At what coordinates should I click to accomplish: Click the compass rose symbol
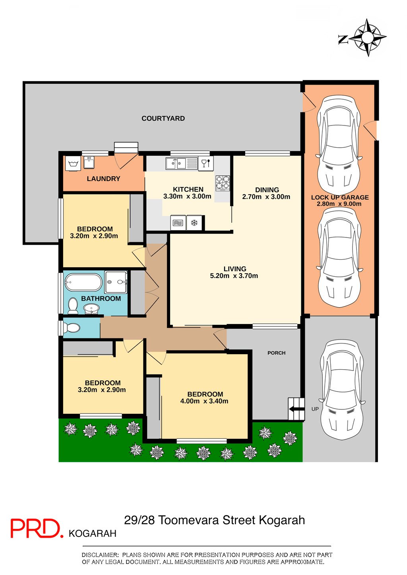pyautogui.click(x=368, y=37)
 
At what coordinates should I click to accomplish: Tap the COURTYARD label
pyautogui.click(x=163, y=118)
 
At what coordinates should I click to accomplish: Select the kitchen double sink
pyautogui.click(x=176, y=163)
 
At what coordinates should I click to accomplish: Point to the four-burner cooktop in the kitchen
pyautogui.click(x=223, y=183)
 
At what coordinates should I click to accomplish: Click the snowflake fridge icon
pyautogui.click(x=194, y=222)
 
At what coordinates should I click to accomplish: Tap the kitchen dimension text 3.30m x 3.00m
pyautogui.click(x=187, y=197)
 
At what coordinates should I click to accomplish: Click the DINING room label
pyautogui.click(x=267, y=190)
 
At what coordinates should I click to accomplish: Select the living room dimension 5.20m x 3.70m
pyautogui.click(x=234, y=276)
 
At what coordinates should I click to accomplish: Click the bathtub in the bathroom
pyautogui.click(x=83, y=282)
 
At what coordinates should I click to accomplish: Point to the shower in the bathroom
pyautogui.click(x=116, y=282)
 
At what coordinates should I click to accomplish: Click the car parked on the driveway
pyautogui.click(x=342, y=390)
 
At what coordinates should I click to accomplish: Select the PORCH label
pyautogui.click(x=277, y=353)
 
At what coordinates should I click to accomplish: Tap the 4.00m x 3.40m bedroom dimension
pyautogui.click(x=204, y=401)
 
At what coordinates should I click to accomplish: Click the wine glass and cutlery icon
pyautogui.click(x=206, y=163)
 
